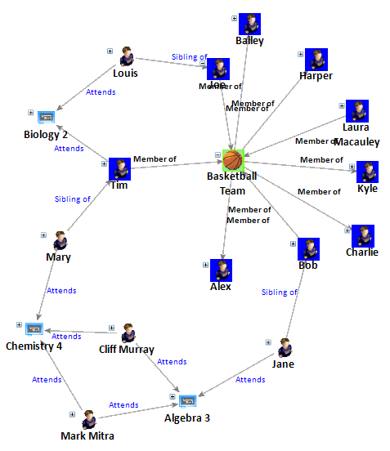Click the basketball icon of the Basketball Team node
(x=234, y=159)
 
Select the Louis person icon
(x=127, y=56)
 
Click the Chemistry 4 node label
(x=34, y=346)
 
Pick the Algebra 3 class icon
(x=187, y=401)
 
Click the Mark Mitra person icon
(x=87, y=418)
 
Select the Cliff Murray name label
(x=126, y=350)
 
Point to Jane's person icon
(x=285, y=348)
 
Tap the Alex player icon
(x=221, y=270)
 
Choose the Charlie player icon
(x=362, y=234)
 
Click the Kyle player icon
(x=368, y=172)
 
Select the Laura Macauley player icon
(x=356, y=111)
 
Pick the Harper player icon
(x=316, y=59)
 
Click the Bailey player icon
(x=249, y=24)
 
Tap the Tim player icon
(x=119, y=168)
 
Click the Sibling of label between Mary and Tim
(x=72, y=199)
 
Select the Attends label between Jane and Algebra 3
(x=250, y=379)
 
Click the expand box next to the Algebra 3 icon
(x=173, y=397)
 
